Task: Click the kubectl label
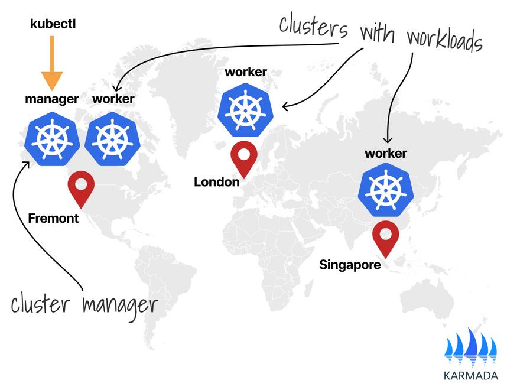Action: coord(53,24)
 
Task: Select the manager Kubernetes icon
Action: coord(52,137)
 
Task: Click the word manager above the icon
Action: coord(52,99)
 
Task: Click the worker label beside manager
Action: coord(113,99)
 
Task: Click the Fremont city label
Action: coord(53,218)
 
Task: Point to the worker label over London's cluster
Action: coord(246,73)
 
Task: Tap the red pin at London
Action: coord(243,157)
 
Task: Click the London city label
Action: coord(217,182)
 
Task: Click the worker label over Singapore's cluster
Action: coord(386,154)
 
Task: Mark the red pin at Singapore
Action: coord(385,238)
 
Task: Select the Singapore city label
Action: coord(350,264)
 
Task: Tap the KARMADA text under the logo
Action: coord(470,375)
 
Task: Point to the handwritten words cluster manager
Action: coord(84,304)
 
